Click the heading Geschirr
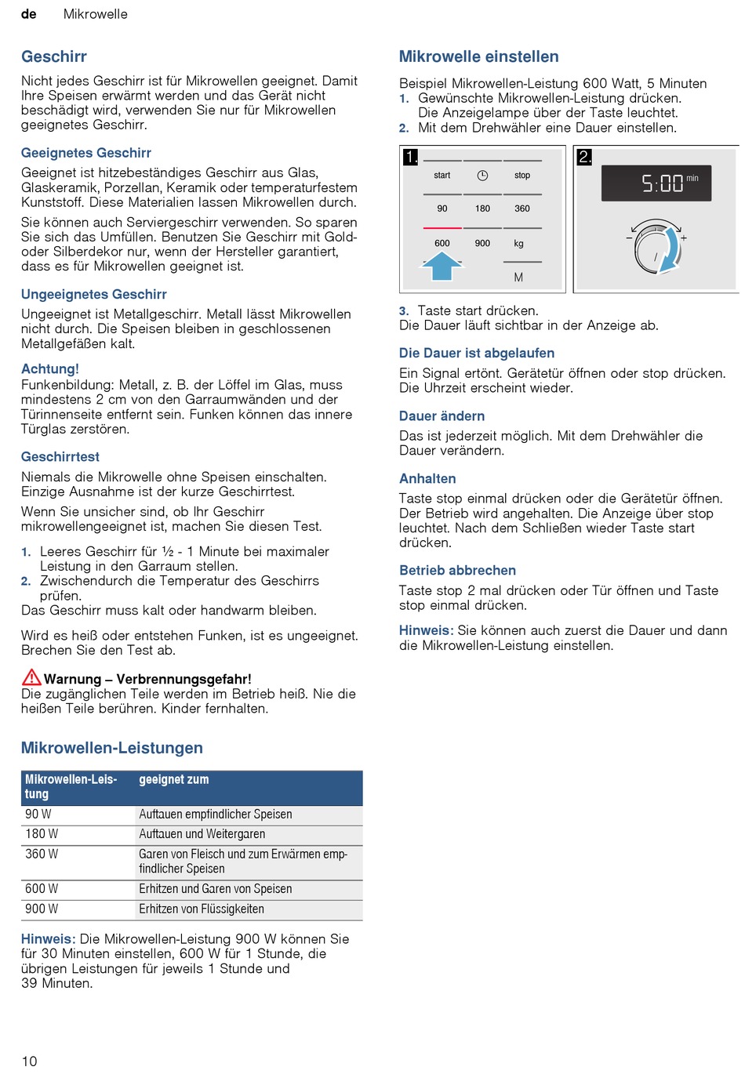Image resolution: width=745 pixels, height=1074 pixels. click(53, 56)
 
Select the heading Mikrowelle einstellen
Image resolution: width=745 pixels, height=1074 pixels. click(478, 56)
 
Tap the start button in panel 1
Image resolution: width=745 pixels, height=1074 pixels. click(442, 176)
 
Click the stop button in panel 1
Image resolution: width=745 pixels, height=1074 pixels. click(522, 176)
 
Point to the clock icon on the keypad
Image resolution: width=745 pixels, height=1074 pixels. click(482, 176)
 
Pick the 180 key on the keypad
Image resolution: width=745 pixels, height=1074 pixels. click(482, 209)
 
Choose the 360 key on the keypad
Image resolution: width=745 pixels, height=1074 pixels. click(522, 209)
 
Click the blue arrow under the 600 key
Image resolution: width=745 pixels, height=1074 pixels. click(442, 267)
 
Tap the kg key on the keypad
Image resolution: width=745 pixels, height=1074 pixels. click(518, 244)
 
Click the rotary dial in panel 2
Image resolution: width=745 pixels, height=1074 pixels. click(655, 250)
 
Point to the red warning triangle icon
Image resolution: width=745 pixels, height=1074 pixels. click(31, 677)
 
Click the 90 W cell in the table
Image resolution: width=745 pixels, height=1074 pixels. click(38, 815)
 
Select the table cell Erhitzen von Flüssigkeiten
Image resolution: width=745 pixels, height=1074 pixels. click(202, 909)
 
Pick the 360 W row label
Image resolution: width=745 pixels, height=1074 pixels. click(42, 854)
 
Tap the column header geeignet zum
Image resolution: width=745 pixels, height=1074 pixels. click(174, 780)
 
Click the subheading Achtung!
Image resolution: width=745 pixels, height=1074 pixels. click(50, 368)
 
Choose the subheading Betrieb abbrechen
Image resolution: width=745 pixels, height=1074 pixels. click(457, 571)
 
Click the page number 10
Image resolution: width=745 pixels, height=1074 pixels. click(29, 1061)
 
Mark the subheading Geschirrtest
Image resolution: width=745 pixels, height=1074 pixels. click(60, 456)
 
